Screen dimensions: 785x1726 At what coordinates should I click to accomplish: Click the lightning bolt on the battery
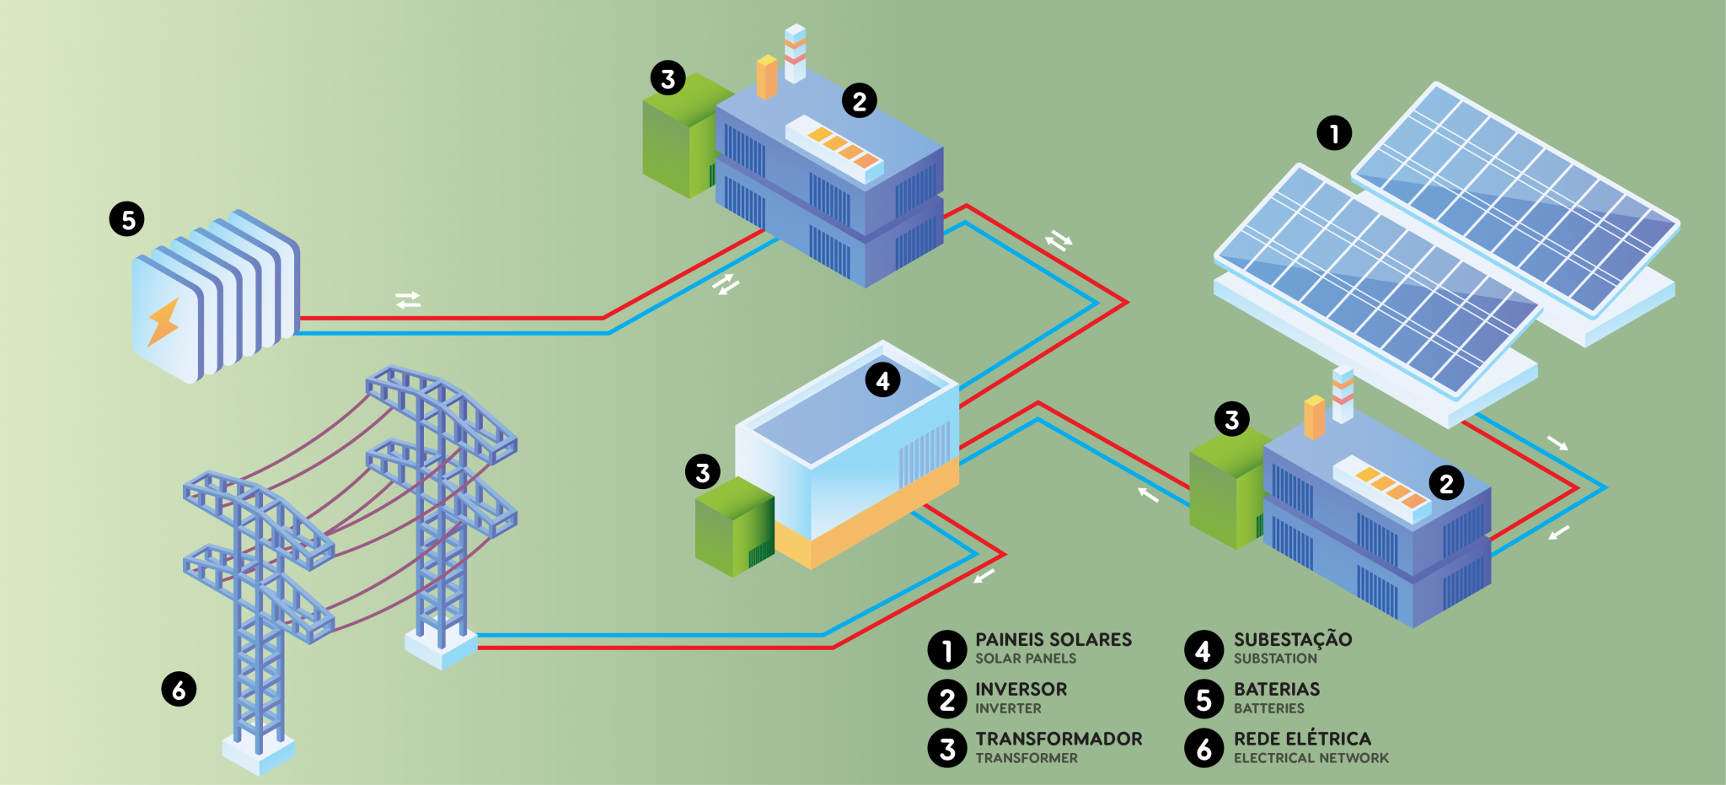(163, 321)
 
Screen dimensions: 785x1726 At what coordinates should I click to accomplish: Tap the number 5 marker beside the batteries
(127, 219)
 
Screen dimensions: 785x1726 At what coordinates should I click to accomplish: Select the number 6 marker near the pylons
(179, 690)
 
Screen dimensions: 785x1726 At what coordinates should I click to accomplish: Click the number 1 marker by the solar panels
(1334, 133)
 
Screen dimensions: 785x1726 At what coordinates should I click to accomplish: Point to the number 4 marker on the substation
(882, 380)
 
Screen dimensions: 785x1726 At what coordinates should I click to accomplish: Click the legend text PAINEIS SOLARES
(1053, 640)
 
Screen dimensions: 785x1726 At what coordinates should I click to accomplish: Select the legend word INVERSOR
(1021, 690)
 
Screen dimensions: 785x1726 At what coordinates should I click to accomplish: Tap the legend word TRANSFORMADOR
(1059, 739)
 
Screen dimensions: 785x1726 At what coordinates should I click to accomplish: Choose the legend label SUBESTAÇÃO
(1293, 640)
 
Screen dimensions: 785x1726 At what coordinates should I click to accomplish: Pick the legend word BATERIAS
(1277, 690)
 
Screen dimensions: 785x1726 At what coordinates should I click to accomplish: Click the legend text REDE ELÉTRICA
(1302, 739)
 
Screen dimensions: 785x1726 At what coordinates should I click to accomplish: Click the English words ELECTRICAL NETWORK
(1311, 758)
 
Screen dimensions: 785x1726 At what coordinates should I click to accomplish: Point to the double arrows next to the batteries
(408, 300)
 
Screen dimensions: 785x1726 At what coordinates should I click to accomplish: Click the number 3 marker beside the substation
(703, 472)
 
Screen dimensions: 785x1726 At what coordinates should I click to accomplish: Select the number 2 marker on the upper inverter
(860, 101)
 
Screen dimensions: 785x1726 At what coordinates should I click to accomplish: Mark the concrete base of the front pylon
(259, 753)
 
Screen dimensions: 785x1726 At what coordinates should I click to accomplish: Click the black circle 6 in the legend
(1203, 748)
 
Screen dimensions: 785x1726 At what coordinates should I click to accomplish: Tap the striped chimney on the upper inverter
(795, 52)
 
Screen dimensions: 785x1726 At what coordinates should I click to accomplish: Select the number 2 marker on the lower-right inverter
(1446, 483)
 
